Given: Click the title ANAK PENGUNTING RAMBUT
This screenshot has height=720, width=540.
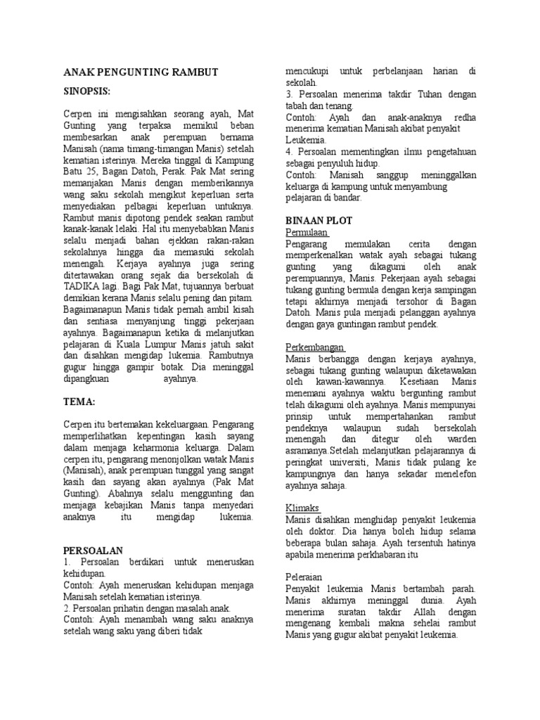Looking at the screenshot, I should pos(141,72).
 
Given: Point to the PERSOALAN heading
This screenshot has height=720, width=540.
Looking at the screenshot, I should pos(94,551).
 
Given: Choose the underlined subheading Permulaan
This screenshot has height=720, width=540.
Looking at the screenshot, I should pos(307,232).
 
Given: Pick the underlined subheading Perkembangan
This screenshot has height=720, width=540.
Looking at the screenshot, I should pos(315,347).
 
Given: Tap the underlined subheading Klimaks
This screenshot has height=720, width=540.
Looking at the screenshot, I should pos(302,508).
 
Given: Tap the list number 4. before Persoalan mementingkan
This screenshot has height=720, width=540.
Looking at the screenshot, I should pos(290,151).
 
